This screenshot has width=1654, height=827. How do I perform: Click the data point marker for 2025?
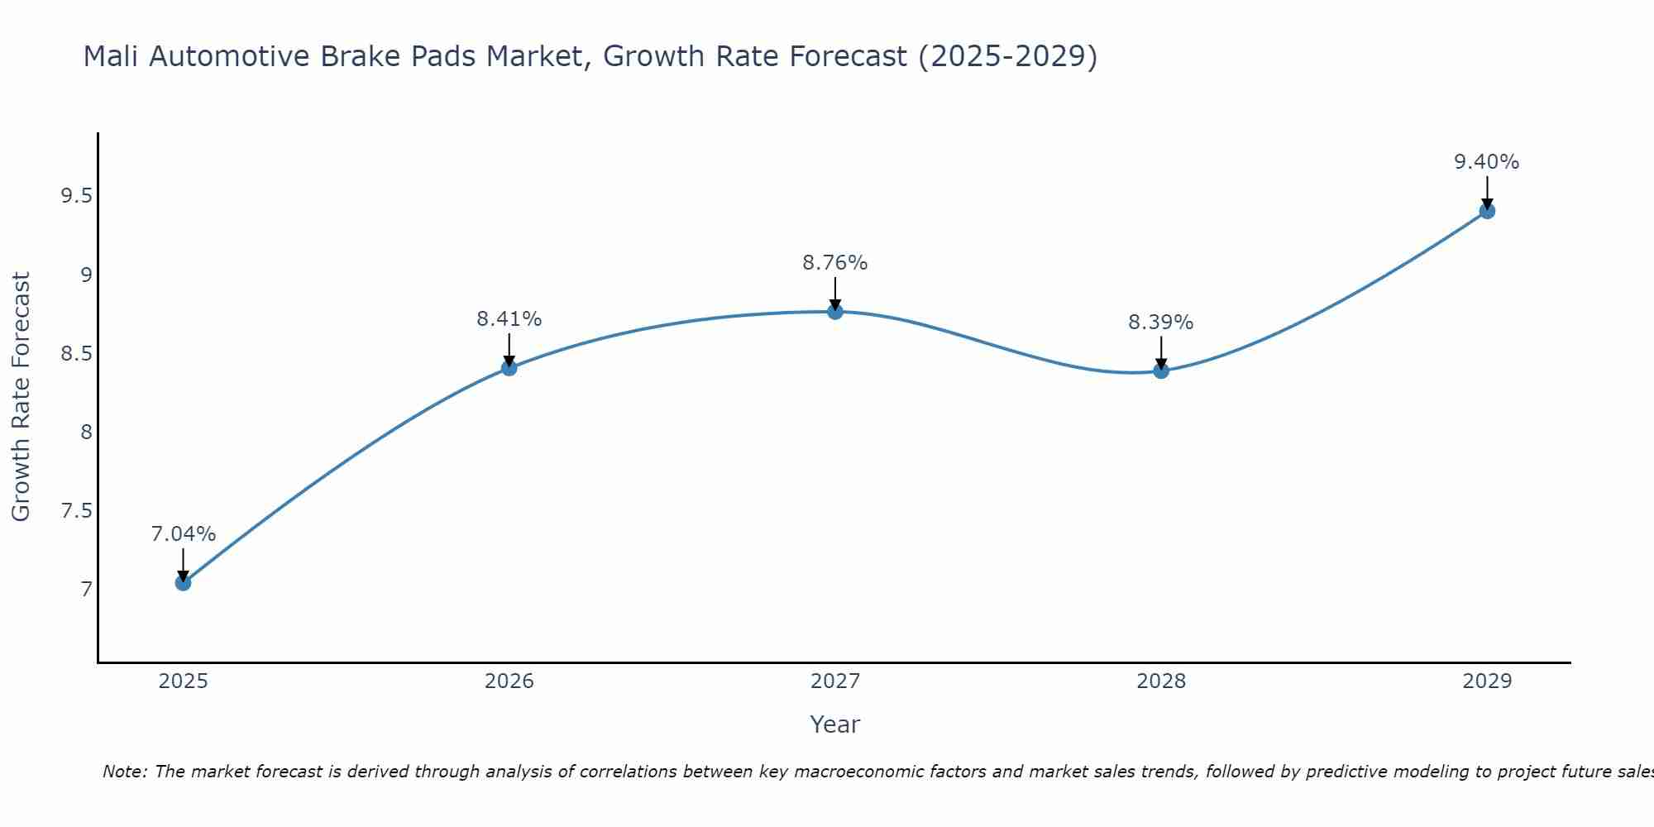click(x=183, y=583)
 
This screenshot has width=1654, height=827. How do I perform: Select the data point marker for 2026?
click(x=509, y=367)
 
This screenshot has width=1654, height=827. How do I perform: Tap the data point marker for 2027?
click(x=835, y=312)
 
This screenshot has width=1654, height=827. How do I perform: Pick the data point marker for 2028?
click(x=1161, y=370)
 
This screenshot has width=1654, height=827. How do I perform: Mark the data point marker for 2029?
click(x=1487, y=211)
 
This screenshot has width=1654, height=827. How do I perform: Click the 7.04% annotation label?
click(x=183, y=534)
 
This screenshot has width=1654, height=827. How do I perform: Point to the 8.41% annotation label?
click(x=509, y=318)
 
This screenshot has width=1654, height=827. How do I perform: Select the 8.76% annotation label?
click(x=835, y=263)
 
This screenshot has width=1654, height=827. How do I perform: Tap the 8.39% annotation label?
click(x=1161, y=323)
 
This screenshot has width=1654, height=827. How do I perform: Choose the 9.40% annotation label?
click(x=1487, y=162)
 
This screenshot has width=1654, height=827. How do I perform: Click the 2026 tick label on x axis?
click(x=509, y=681)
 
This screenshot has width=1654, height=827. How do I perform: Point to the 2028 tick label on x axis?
click(x=1161, y=681)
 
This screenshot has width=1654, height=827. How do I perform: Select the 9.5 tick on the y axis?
click(x=77, y=196)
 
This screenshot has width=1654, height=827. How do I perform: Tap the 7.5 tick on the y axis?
click(x=77, y=511)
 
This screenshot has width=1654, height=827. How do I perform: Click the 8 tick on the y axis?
click(x=86, y=433)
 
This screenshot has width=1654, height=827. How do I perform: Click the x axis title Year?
click(x=835, y=724)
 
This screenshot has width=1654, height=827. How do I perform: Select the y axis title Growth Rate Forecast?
click(x=22, y=397)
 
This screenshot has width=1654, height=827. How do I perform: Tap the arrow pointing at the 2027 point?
click(x=835, y=294)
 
